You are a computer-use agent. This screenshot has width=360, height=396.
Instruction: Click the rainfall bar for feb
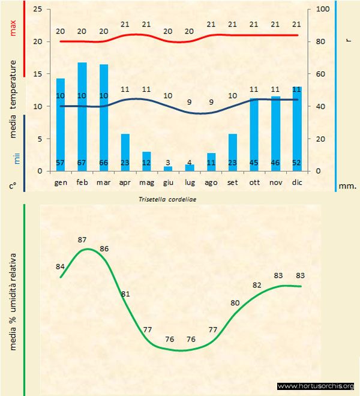(x=82, y=116)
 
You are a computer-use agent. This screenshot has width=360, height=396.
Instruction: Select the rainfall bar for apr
(x=125, y=152)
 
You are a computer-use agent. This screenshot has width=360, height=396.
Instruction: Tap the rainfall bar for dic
(x=297, y=128)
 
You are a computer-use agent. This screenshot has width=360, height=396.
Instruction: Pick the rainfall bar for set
(x=232, y=152)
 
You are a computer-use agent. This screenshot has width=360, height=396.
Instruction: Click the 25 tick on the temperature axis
(x=37, y=10)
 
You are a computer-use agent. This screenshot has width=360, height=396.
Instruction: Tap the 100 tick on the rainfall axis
(x=322, y=10)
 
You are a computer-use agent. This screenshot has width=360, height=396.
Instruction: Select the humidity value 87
(x=82, y=240)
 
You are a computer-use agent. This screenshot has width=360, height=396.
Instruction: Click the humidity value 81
(x=125, y=294)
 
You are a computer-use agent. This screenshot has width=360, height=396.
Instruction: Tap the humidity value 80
(x=235, y=303)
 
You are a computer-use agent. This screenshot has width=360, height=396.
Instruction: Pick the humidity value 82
(x=257, y=285)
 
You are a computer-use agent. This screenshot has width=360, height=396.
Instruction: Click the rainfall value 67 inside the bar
(x=82, y=163)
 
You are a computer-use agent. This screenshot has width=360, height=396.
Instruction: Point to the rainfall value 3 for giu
(x=168, y=163)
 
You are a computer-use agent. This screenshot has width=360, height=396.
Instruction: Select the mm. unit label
(x=347, y=186)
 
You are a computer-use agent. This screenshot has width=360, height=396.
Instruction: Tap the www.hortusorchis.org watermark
(x=316, y=386)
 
